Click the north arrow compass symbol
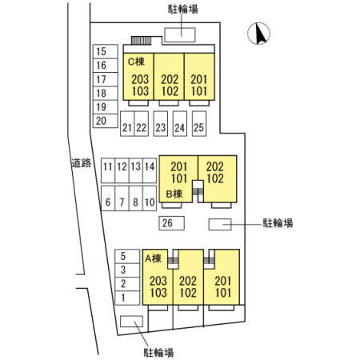point(258,34)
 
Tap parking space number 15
point(106,51)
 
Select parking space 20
point(106,121)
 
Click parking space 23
point(161,124)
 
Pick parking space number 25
point(199,124)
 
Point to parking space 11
point(108,170)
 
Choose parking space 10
point(150,198)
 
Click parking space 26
point(171,223)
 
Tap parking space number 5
point(127,256)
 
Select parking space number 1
point(127,298)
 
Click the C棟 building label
point(136,62)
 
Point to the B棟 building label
point(174,194)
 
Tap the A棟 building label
point(154,258)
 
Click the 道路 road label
point(82,163)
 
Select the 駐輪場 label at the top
point(183,9)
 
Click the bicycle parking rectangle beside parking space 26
point(220,224)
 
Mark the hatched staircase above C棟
point(142,41)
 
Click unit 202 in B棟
point(215,166)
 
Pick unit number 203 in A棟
point(158,281)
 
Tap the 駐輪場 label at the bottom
point(158,353)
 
